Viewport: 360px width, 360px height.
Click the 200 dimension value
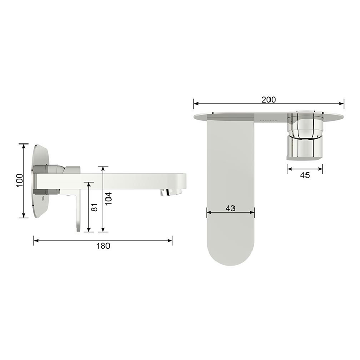[x=268, y=100]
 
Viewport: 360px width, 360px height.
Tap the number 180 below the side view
[x=103, y=246]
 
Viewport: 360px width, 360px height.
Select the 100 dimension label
[x=20, y=181]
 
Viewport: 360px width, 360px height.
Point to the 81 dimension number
[x=94, y=207]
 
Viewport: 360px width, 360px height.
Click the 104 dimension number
[x=108, y=199]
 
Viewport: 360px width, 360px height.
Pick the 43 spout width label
[x=230, y=208]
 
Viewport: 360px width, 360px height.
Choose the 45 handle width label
[x=305, y=175]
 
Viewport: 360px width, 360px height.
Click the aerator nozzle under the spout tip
[x=171, y=192]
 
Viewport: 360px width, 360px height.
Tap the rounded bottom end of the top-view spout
[x=230, y=255]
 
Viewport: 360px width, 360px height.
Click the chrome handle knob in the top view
[x=305, y=136]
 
